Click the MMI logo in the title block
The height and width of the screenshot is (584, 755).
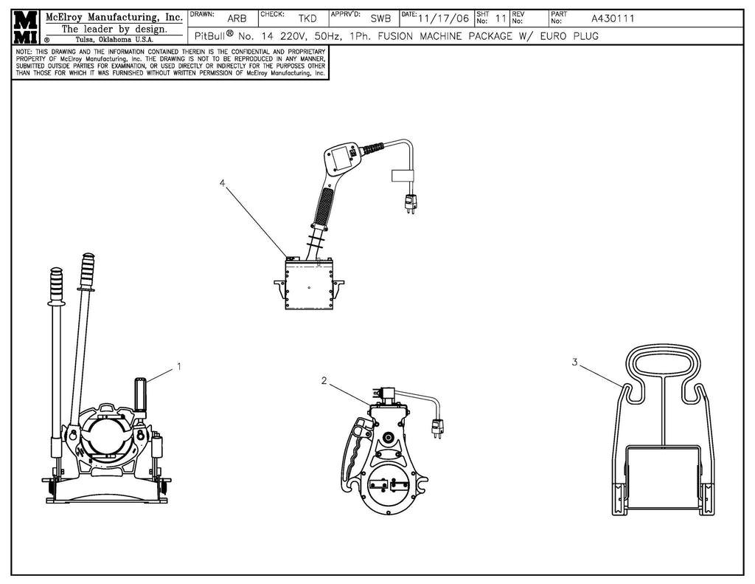click(26, 27)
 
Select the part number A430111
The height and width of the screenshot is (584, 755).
click(613, 18)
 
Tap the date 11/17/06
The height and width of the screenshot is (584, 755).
click(443, 18)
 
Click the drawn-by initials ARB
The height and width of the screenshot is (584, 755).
click(237, 18)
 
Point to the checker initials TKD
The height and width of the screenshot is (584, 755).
click(307, 18)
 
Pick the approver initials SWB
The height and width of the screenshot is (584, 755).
click(380, 18)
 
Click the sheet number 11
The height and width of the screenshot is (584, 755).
click(501, 18)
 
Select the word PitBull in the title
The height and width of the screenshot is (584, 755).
click(210, 36)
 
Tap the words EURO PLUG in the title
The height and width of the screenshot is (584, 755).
click(569, 36)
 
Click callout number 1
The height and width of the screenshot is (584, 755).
click(179, 366)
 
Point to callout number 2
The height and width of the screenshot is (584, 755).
click(324, 381)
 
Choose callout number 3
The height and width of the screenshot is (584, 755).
click(574, 362)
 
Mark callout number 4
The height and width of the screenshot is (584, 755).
click(222, 183)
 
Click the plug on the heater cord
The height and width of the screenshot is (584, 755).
click(410, 203)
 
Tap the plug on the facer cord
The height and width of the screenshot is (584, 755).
click(438, 428)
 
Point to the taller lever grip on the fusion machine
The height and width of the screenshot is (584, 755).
click(88, 271)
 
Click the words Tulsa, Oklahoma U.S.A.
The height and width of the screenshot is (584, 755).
click(114, 40)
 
